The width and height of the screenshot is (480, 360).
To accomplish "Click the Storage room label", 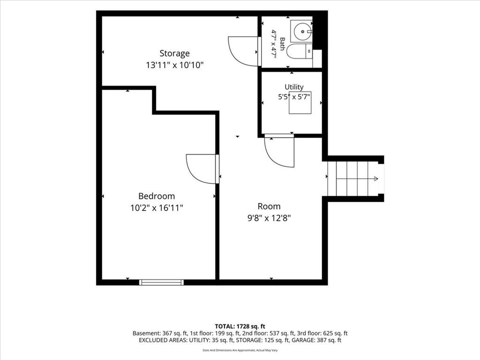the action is (174, 53).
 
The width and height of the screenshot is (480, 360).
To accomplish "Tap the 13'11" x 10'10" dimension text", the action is (174, 65).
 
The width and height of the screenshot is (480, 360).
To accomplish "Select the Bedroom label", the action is (157, 196).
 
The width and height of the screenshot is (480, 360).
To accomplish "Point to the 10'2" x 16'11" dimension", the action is (157, 208).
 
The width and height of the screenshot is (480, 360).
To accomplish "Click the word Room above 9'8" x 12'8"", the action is (269, 206).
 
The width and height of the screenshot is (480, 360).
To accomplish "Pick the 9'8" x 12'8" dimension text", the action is (269, 218).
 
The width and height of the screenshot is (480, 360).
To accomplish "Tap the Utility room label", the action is (294, 87).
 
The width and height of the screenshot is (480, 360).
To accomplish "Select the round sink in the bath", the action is (302, 31).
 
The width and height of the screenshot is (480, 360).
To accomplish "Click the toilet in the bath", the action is (300, 51).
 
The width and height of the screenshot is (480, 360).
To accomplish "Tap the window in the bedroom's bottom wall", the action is (161, 282).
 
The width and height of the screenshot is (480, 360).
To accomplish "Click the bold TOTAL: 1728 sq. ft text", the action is (240, 326).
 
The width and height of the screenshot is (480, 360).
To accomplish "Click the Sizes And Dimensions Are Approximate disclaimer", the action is (240, 350).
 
